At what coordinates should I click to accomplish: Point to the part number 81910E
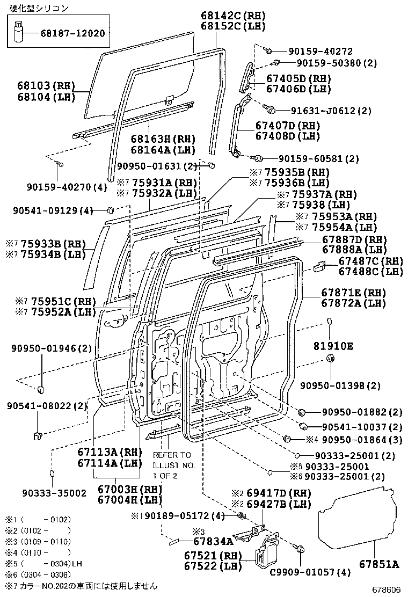(x=333, y=346)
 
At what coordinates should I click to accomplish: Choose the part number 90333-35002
(x=54, y=492)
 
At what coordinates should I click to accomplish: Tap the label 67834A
(x=213, y=541)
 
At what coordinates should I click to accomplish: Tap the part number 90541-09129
(x=46, y=211)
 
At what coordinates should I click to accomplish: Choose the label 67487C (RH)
(x=370, y=261)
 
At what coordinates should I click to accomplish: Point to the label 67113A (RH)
(x=108, y=452)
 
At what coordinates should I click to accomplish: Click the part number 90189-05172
(x=178, y=516)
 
